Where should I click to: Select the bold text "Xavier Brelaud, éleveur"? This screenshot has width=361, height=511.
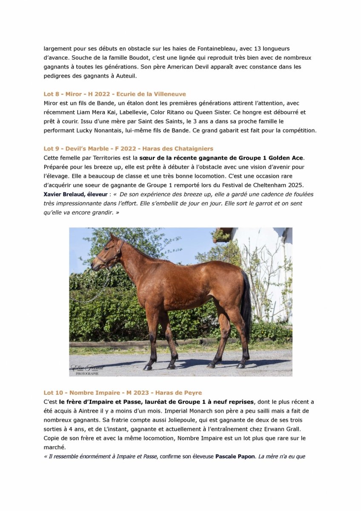(76, 194)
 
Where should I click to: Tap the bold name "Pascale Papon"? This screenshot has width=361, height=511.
(235, 456)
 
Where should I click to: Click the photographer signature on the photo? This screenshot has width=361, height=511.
(87, 369)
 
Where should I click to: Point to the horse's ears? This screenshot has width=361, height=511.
(112, 237)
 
